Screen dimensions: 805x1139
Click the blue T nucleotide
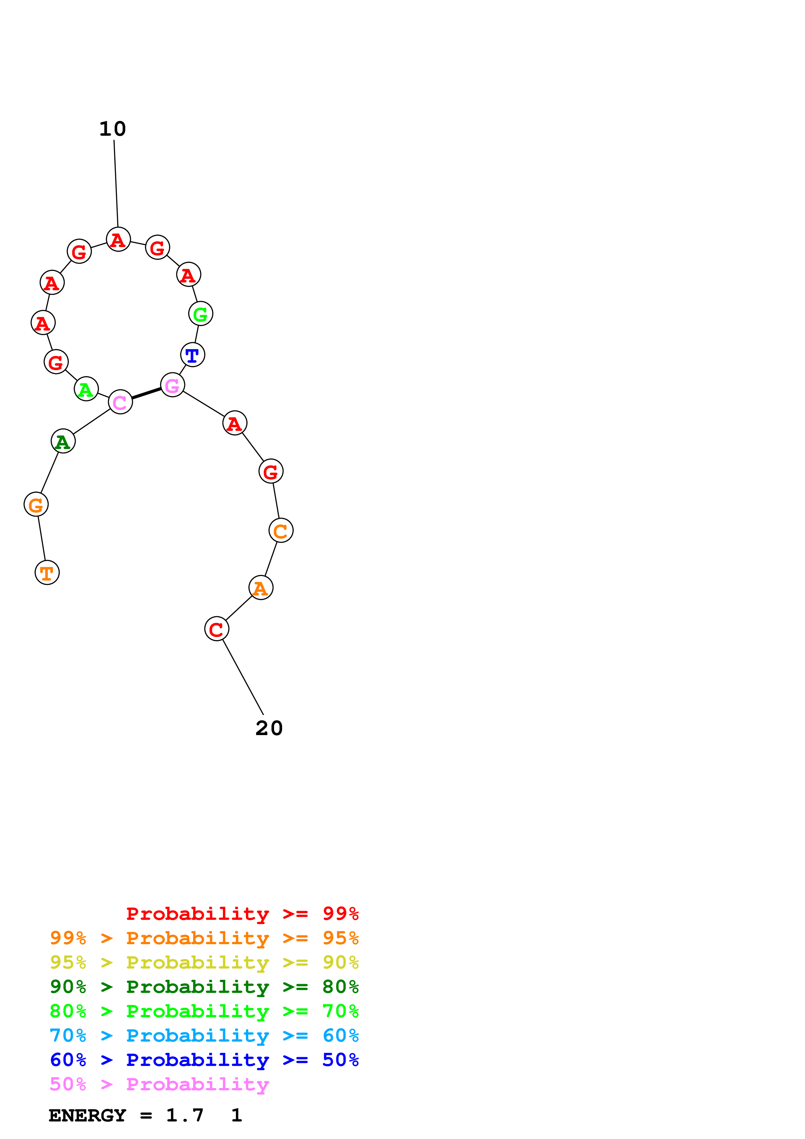point(193,355)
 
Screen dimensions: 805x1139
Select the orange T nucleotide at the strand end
point(47,572)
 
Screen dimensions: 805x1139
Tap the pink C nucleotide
point(120,402)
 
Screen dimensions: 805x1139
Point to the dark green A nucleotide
point(63,441)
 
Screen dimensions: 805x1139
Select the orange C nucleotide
point(281,531)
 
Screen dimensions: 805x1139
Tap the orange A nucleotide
point(261,588)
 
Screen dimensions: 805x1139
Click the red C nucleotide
point(217,629)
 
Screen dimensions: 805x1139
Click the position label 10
point(113,129)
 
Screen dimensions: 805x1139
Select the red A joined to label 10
point(119,240)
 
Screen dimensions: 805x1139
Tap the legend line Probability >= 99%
point(243,914)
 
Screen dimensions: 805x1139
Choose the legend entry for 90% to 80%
point(204,987)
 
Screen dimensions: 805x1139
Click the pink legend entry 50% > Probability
point(159,1084)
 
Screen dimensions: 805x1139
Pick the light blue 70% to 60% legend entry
point(204,1035)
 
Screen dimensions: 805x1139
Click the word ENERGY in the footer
point(87,1115)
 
